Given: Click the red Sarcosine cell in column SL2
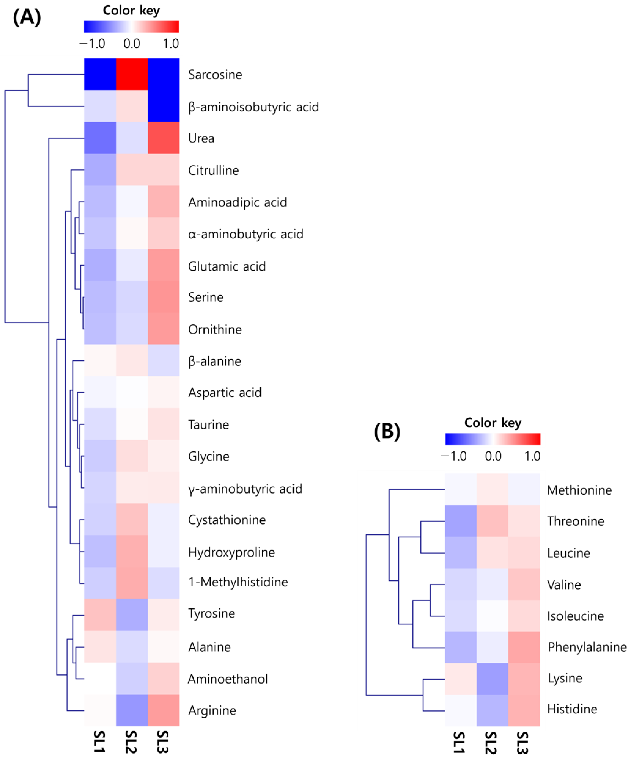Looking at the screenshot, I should (x=132, y=74).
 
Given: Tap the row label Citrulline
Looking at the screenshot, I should (x=213, y=170).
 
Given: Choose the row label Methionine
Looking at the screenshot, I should (x=579, y=490).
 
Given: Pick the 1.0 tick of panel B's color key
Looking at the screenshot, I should (x=532, y=456).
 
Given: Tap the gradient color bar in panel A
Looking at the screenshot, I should (x=131, y=26).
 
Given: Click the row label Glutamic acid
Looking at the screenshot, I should (x=227, y=266).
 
